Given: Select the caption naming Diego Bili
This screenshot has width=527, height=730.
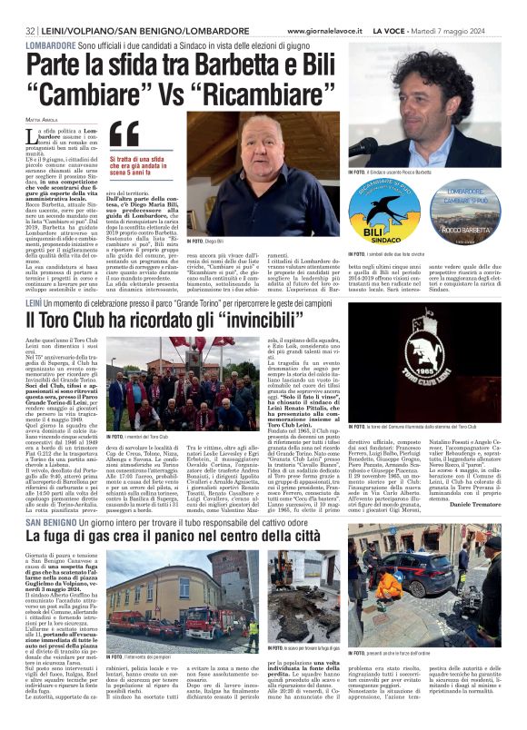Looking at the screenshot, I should coord(202,242).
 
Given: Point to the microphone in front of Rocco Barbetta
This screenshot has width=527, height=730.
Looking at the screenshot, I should coord(363,145).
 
